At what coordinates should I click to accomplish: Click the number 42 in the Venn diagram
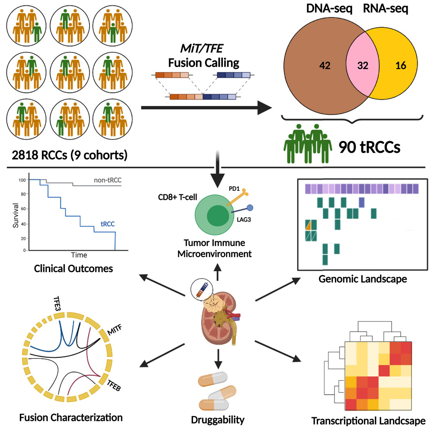(325, 65)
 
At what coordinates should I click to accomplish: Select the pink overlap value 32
(363, 65)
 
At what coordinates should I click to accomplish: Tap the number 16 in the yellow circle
(400, 65)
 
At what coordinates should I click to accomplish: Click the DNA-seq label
(329, 9)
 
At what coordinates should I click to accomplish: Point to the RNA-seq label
(386, 9)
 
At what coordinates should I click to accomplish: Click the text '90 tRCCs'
(369, 147)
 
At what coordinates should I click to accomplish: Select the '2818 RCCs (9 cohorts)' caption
(70, 155)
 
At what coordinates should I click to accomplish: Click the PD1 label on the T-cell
(234, 189)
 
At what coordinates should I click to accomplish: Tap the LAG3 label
(244, 220)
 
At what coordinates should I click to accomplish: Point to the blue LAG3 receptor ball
(250, 208)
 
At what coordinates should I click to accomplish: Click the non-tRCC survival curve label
(107, 180)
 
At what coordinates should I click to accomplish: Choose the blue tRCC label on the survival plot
(107, 224)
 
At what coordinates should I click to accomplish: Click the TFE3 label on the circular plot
(57, 303)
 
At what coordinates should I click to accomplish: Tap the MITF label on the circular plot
(114, 330)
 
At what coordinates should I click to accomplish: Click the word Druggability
(218, 420)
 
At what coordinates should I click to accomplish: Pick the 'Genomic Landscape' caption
(363, 279)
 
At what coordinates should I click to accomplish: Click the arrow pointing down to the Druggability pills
(218, 359)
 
